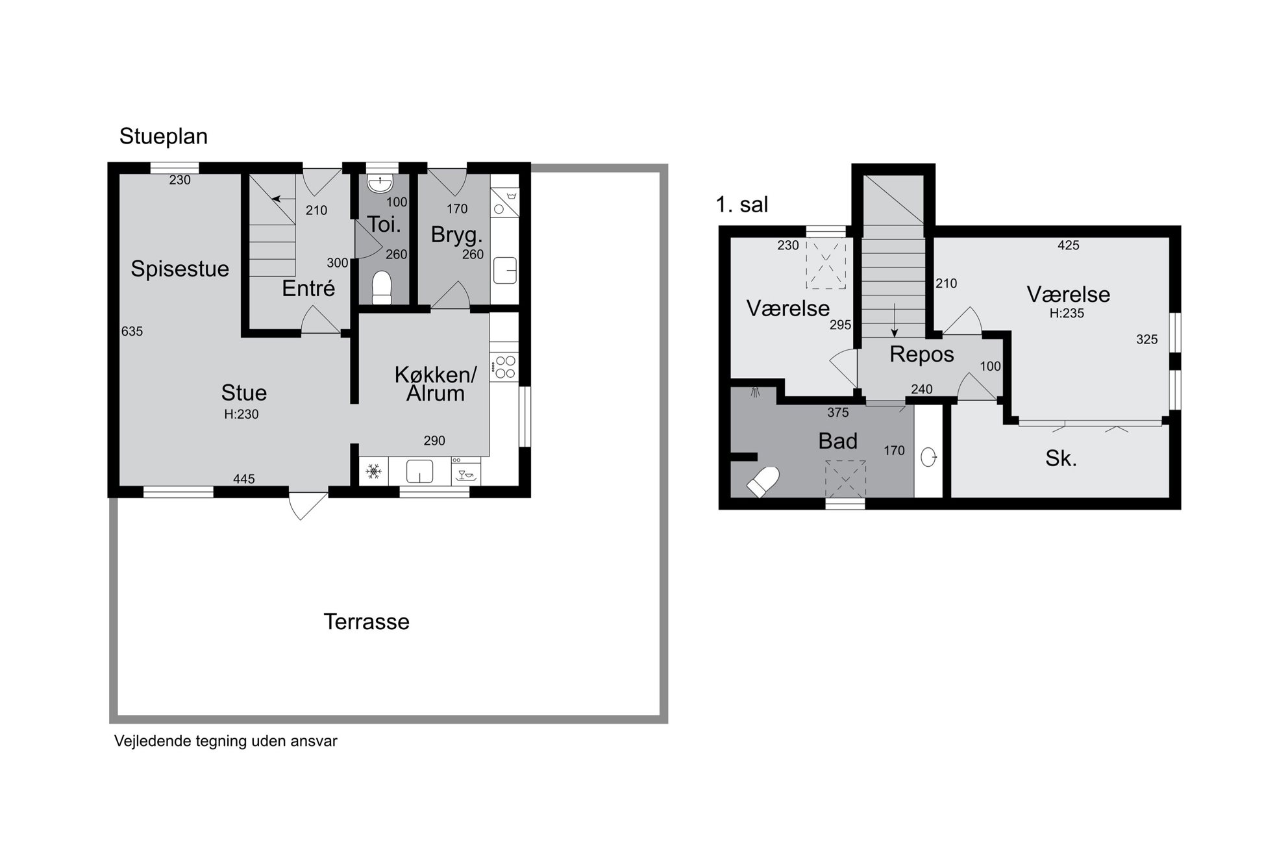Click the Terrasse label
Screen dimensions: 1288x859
click(366, 622)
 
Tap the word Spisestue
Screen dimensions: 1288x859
click(180, 269)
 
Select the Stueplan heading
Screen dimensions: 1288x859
click(164, 136)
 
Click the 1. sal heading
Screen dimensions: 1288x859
click(741, 205)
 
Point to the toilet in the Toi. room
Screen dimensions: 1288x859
click(382, 288)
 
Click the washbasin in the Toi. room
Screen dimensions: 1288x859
click(379, 182)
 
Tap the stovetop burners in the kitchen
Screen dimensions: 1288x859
click(504, 367)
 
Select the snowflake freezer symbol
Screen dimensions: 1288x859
click(373, 471)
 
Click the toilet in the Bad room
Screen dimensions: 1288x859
click(763, 482)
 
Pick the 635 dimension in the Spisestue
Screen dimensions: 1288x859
click(132, 331)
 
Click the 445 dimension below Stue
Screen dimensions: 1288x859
click(244, 479)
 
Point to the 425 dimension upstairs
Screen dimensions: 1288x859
click(1069, 245)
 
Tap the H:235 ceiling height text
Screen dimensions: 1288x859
click(1067, 313)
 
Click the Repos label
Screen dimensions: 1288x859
click(922, 355)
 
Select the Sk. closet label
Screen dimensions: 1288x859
click(1061, 459)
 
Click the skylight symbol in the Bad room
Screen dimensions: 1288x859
click(845, 479)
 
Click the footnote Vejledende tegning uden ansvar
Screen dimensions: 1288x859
click(226, 741)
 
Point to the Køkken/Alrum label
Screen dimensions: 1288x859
click(436, 384)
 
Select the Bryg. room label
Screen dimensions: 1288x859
click(457, 235)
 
